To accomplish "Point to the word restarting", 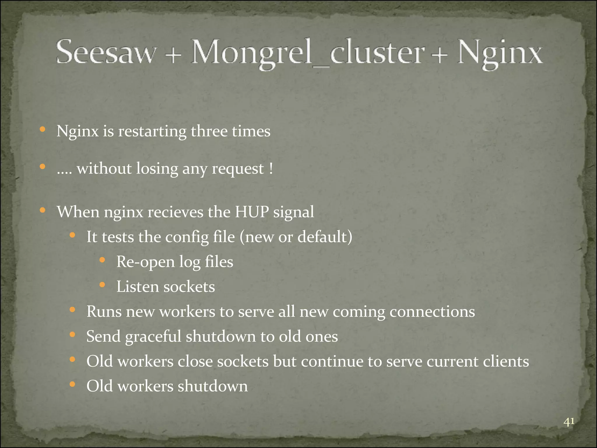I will (x=152, y=131).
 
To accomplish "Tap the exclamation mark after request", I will (x=271, y=169).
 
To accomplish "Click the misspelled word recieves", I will (x=175, y=212).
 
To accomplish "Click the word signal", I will (x=294, y=212).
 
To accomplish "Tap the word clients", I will (x=506, y=361).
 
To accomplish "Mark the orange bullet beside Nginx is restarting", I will (x=43, y=129).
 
